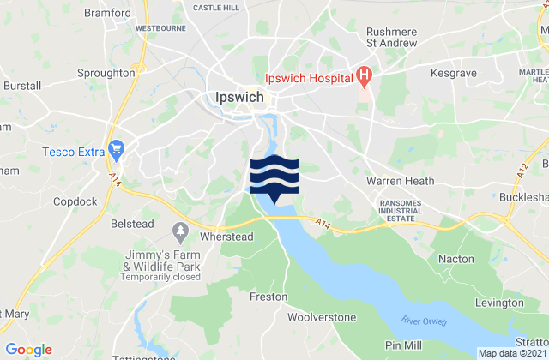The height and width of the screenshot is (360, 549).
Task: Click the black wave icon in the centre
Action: [274, 176]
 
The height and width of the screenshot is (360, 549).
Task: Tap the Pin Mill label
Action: [404, 344]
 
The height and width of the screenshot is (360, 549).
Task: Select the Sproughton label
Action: [106, 74]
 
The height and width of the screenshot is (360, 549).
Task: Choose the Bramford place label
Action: [108, 14]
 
